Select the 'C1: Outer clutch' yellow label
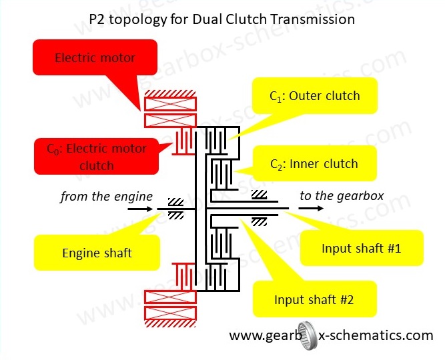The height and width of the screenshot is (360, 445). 314,96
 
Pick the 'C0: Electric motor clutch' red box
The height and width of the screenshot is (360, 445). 96,156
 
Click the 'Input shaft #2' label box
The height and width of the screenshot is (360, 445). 314,299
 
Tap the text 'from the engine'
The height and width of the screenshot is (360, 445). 106,197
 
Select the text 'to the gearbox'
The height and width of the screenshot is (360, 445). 342,196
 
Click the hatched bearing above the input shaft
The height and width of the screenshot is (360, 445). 260,195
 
